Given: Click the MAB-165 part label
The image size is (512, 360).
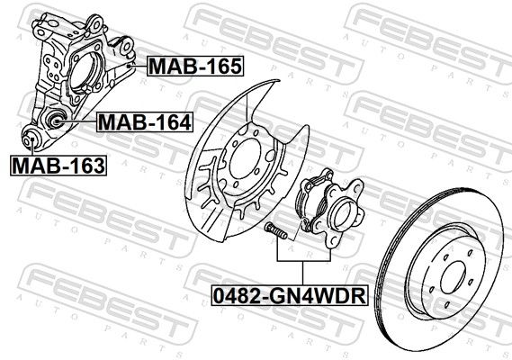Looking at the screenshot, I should (195, 65).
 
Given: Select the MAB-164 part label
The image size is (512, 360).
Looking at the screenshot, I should (144, 121).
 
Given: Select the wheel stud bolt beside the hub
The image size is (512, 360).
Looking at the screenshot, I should (274, 230).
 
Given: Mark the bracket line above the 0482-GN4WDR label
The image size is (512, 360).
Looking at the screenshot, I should (302, 260).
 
